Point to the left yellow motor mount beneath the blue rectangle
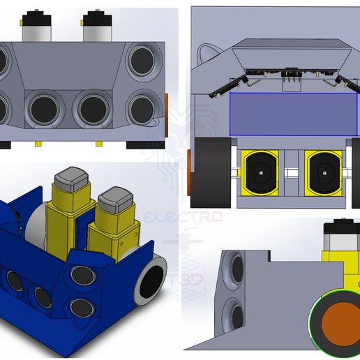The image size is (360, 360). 260,172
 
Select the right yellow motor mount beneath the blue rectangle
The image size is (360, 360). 323,172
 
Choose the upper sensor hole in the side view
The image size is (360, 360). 237,268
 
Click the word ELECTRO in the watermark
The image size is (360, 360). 183,217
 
